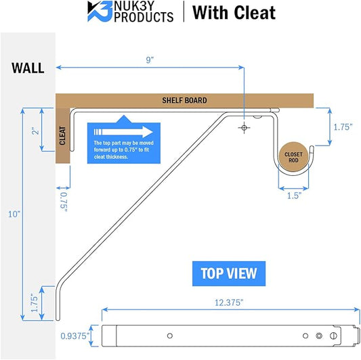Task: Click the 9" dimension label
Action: tap(150, 60)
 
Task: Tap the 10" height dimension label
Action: tap(14, 214)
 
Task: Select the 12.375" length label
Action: tap(229, 302)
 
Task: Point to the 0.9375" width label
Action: tap(75, 336)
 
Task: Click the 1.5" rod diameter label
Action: tap(294, 196)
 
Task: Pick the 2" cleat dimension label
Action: tap(36, 131)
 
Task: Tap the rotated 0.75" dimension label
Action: tap(64, 202)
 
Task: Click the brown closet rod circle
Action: tap(293, 157)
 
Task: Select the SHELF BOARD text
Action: tap(184, 100)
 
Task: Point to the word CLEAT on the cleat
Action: tap(62, 135)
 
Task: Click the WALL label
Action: tap(28, 68)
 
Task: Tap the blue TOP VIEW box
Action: tap(229, 273)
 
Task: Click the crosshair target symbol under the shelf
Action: tap(244, 128)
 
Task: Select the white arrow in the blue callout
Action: tap(123, 132)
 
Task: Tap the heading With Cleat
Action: tap(234, 13)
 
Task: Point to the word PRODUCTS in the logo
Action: tap(144, 17)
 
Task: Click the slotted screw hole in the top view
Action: tap(333, 336)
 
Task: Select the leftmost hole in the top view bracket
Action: tap(170, 336)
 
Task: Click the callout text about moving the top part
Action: tap(123, 150)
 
